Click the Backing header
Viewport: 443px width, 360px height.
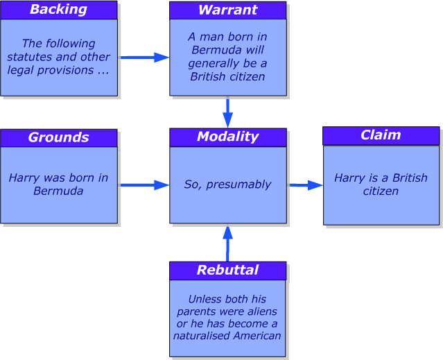pyautogui.click(x=59, y=10)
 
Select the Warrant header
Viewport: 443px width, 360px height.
pyautogui.click(x=227, y=10)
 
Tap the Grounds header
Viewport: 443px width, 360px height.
pyautogui.click(x=59, y=138)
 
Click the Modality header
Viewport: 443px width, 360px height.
pyautogui.click(x=228, y=137)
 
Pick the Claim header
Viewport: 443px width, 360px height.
pyautogui.click(x=381, y=136)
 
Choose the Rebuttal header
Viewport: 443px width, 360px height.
pyautogui.click(x=227, y=271)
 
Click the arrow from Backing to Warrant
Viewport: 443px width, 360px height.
pyautogui.click(x=145, y=58)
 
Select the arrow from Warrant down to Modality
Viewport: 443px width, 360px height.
pyautogui.click(x=227, y=112)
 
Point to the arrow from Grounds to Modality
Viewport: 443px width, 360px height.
pyautogui.click(x=145, y=185)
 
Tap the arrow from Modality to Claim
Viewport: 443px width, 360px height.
pyautogui.click(x=306, y=185)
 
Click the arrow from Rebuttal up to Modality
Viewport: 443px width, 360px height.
pyautogui.click(x=227, y=243)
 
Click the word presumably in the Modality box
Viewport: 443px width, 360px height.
pyautogui.click(x=238, y=185)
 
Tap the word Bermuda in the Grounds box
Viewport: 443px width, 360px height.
pyautogui.click(x=58, y=191)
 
